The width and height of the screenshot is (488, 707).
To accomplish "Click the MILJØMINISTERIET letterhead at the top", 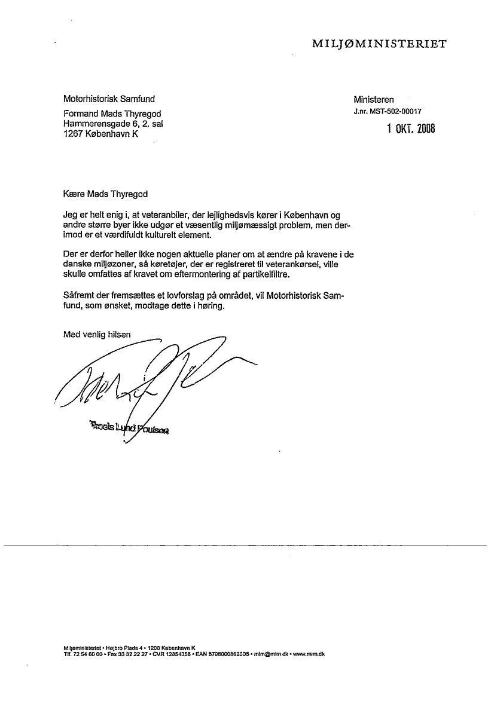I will (379, 44).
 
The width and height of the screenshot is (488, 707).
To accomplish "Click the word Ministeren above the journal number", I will (373, 100).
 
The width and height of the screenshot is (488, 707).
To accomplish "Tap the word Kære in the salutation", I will (74, 194).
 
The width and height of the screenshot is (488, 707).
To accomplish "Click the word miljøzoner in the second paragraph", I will (112, 265).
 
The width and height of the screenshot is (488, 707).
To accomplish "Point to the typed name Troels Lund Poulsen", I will (129, 427).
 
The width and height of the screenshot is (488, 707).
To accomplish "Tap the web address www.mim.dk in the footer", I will (309, 654).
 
